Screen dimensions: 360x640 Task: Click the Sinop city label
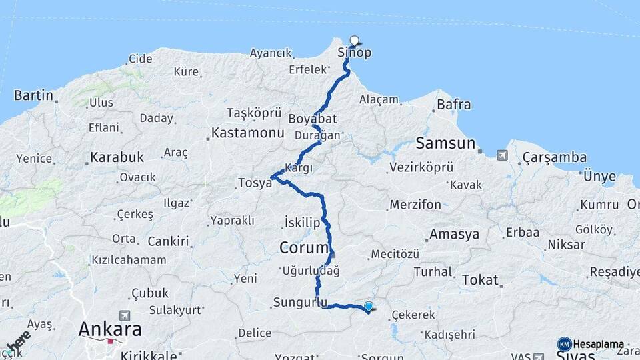point(355,53)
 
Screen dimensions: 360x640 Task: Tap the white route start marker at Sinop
point(354,41)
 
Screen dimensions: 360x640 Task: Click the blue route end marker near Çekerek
point(369,306)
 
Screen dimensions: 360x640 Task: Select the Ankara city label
point(110,329)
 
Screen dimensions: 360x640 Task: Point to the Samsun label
point(445,143)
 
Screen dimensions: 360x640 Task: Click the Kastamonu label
point(248,133)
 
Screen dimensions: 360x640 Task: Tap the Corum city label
point(304,248)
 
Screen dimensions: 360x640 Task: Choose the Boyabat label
point(313,119)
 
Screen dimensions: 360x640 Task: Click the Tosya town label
point(255,183)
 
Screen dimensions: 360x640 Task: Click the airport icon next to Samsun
point(501,156)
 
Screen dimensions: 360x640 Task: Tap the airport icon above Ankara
point(124,315)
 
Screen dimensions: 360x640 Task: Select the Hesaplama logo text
point(598,345)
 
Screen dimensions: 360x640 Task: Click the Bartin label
point(33,95)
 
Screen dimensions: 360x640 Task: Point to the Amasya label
point(454,235)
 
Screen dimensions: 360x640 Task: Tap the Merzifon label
point(415,205)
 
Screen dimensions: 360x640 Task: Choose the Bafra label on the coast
point(453,105)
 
